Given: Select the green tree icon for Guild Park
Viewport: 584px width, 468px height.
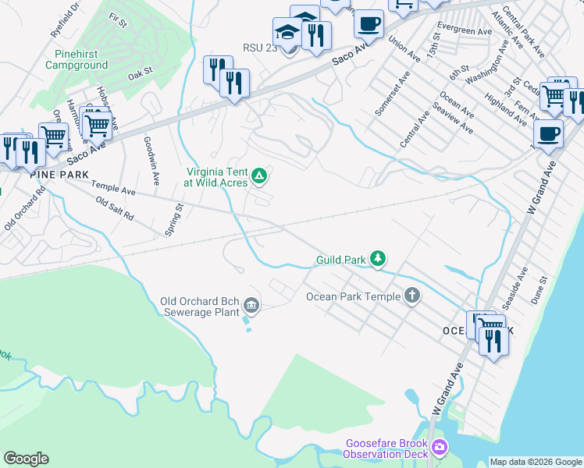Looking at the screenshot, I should pos(378,258).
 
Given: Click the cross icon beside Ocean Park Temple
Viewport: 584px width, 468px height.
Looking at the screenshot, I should pos(412,296).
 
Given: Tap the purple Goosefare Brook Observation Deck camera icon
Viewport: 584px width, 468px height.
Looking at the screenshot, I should pos(440,447).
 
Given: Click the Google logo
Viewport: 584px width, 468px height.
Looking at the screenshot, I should pos(26,459).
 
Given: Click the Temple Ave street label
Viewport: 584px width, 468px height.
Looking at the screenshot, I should pos(113,188).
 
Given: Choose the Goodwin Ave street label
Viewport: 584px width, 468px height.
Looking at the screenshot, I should pos(151,161).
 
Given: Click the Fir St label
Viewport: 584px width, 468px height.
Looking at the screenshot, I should pos(118,20).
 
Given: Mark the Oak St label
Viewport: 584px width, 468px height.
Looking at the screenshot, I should pos(139,75).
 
